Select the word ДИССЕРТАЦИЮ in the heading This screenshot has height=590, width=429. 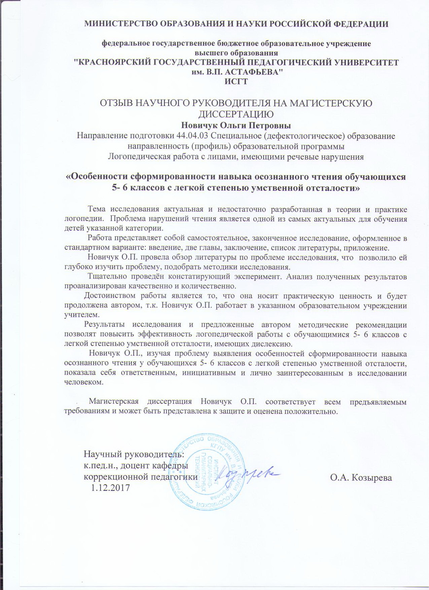click(x=236, y=114)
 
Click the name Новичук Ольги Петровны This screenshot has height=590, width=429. click(x=236, y=126)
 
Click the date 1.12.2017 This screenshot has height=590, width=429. click(x=109, y=487)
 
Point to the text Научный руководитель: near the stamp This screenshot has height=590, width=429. click(x=134, y=455)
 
